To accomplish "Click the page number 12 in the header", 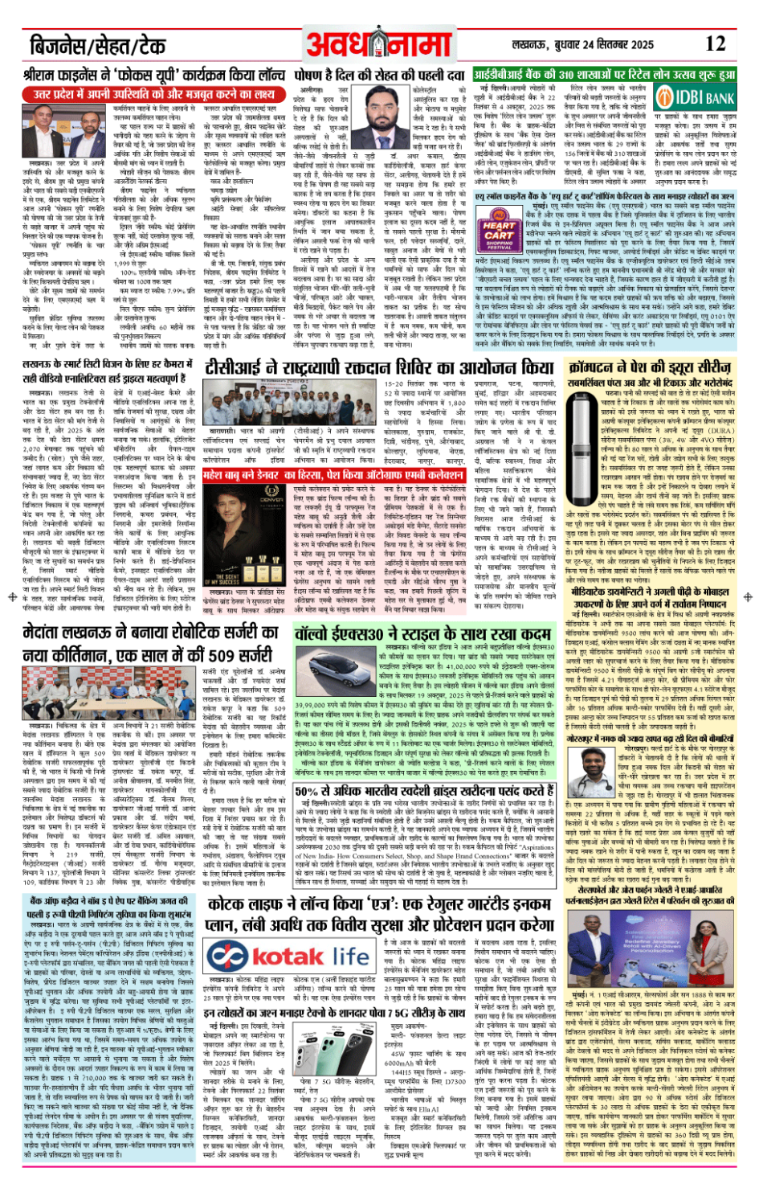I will (x=714, y=44).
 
